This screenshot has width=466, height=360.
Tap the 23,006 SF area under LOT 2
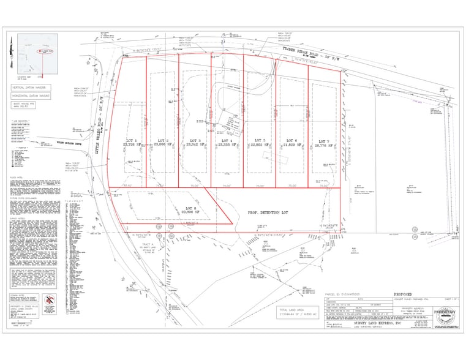point(162,146)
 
